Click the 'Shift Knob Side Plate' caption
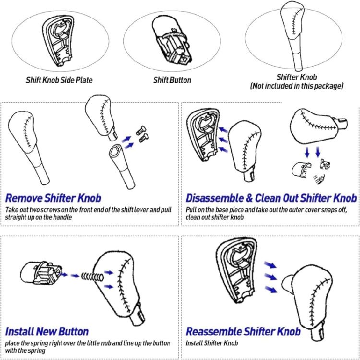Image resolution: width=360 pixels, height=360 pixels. [x=59, y=80]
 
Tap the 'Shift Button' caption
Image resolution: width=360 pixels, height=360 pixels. [x=172, y=80]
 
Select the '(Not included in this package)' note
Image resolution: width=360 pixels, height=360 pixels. [x=297, y=86]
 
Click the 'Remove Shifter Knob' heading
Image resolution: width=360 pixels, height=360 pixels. [x=53, y=198]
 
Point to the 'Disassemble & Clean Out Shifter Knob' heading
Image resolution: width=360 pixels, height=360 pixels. [x=271, y=198]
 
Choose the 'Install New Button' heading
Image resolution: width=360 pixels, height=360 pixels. [x=47, y=331]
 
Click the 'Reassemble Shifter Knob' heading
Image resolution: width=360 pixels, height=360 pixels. [x=243, y=331]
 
